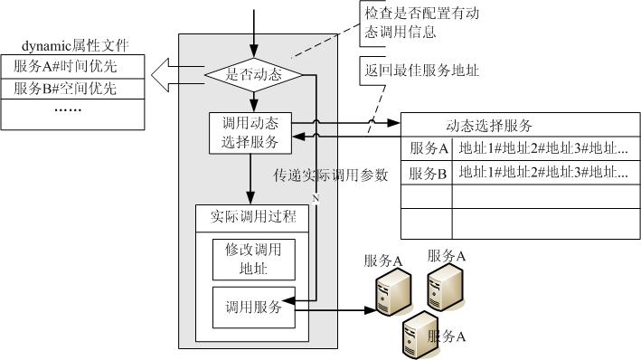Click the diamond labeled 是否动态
pos(253,75)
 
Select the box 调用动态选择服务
pos(250,133)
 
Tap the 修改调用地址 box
pos(253,260)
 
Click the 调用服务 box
pos(253,308)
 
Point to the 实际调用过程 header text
pos(253,216)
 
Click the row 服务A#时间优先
pos(72,67)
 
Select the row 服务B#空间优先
pos(72,89)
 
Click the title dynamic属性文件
pos(75,45)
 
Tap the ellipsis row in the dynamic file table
pos(72,115)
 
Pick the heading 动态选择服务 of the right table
pos(489,126)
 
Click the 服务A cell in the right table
pos(427,148)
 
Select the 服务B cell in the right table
pos(427,173)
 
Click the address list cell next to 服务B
pos(546,173)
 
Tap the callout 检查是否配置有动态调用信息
pos(421,23)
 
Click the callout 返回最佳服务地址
pos(421,71)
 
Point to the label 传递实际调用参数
pos(330,175)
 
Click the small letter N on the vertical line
pos(316,198)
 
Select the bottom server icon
pos(419,335)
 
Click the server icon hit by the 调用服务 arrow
pos(393,291)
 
